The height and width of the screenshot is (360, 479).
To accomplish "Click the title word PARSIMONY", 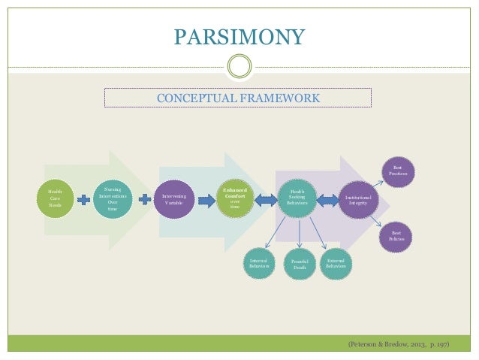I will [239, 37].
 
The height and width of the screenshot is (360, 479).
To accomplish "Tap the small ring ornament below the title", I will [239, 66].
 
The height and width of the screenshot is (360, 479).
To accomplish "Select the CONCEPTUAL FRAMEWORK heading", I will [236, 98].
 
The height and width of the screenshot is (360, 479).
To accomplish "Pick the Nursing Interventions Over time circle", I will [113, 198].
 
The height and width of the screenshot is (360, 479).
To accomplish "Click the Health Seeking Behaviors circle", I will [297, 198].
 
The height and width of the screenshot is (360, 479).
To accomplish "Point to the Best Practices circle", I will [397, 170].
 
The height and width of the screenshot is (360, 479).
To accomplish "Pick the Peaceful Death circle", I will [300, 264].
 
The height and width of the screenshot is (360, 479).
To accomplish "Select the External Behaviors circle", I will [336, 262].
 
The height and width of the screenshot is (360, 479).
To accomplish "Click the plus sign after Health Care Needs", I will [84, 200].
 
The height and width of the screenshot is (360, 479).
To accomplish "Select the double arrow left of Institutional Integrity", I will [327, 200].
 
